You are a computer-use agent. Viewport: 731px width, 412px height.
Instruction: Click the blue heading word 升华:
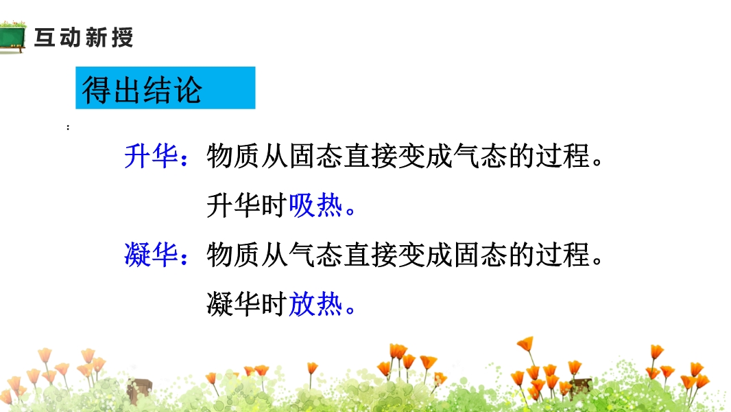(156, 156)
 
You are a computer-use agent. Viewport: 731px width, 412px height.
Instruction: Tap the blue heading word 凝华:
(156, 255)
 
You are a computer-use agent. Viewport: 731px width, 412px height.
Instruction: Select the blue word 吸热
(315, 205)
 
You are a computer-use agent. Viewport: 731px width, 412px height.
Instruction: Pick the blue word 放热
(315, 304)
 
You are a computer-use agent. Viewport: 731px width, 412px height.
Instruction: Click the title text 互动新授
(84, 37)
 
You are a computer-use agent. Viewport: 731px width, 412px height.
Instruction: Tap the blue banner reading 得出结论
(165, 88)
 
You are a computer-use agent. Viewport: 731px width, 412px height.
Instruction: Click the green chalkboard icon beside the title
(12, 37)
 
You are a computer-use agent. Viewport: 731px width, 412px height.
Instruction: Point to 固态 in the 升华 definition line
(315, 156)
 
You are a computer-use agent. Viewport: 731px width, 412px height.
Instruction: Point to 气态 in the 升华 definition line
(480, 156)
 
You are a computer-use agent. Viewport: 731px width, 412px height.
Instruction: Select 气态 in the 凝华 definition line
(315, 255)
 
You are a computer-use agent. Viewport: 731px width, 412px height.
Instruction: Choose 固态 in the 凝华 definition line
(480, 255)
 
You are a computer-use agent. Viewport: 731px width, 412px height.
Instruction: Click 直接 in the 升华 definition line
(370, 156)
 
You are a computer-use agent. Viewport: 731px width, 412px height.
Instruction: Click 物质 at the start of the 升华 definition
(233, 156)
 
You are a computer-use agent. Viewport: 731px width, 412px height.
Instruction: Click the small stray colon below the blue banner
(68, 127)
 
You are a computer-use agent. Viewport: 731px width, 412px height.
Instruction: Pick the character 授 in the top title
(122, 37)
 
